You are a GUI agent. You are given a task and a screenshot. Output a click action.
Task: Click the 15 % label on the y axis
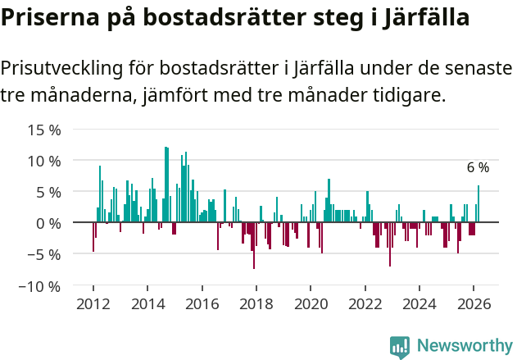(44, 130)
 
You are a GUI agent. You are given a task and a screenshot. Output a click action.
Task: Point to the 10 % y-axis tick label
(44, 161)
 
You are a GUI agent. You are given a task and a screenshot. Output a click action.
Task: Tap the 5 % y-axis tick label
(48, 192)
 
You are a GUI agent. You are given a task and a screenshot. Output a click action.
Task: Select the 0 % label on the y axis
(48, 223)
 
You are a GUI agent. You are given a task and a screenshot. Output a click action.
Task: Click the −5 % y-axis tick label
(44, 254)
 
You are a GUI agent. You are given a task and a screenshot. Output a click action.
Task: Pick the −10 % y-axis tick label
(40, 286)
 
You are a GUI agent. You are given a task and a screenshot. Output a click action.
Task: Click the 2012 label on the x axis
(93, 303)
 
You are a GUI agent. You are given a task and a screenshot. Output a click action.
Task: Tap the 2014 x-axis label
(147, 303)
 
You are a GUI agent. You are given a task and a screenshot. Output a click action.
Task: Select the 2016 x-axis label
(202, 303)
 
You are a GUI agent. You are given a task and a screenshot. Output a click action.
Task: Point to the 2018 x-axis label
(256, 303)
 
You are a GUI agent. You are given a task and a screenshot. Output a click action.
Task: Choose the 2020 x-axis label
(311, 303)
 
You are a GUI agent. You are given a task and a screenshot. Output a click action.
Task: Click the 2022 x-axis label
(365, 303)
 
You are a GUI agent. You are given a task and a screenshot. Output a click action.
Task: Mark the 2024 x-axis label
(419, 303)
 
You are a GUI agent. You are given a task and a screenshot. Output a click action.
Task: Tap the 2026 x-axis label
(474, 303)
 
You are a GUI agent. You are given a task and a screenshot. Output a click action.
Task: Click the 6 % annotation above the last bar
(478, 168)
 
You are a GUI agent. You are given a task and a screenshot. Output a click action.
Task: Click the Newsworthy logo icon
(400, 346)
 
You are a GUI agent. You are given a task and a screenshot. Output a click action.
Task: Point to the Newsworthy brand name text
(464, 346)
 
